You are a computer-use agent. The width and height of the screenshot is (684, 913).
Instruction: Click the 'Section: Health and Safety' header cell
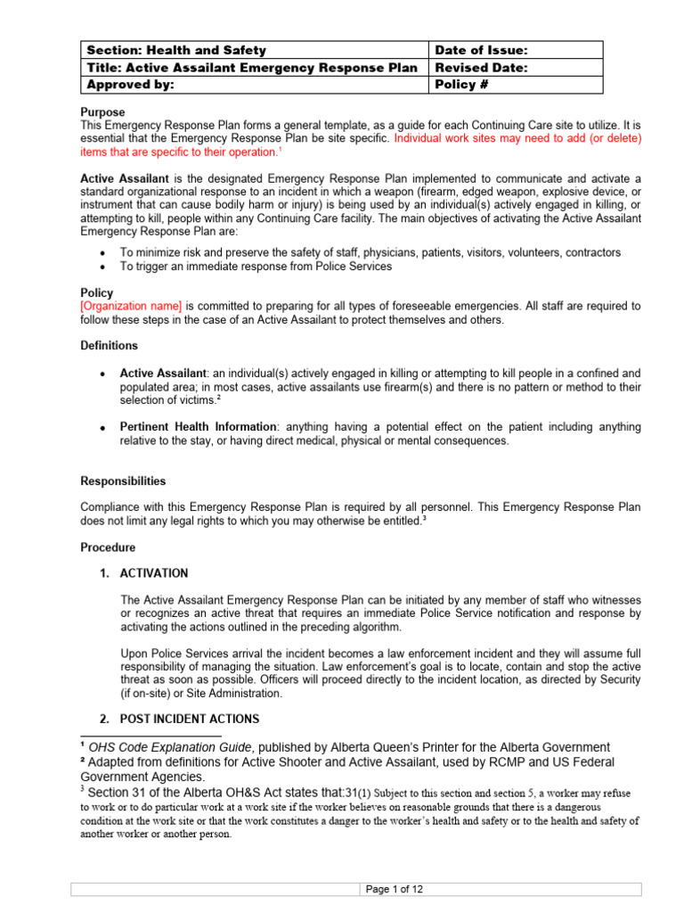(176, 51)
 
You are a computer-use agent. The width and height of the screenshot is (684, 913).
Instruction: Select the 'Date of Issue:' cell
(479, 51)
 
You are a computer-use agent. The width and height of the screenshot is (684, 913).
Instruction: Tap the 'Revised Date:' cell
(481, 68)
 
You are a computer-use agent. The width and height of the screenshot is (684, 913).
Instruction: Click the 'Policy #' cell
(462, 85)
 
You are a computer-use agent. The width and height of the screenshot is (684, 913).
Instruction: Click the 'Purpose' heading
(103, 113)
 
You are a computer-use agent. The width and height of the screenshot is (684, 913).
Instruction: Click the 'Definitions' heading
(110, 345)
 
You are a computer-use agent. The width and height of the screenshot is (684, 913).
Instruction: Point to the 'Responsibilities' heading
(123, 481)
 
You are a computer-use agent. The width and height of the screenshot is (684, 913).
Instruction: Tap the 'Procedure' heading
(108, 547)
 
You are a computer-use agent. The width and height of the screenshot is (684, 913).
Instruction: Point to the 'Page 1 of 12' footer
(394, 889)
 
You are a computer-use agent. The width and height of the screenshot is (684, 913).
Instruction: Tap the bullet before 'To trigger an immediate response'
(103, 267)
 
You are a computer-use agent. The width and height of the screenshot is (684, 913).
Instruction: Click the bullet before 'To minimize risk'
(103, 253)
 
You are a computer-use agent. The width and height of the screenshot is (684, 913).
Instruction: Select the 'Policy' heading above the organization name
(97, 292)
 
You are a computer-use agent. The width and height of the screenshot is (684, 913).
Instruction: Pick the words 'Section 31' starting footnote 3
(114, 790)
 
